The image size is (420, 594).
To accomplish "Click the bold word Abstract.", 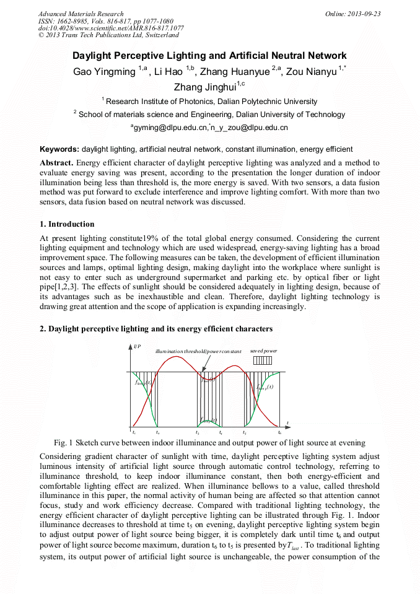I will tap(56, 163).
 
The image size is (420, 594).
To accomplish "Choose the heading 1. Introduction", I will tap(67, 224).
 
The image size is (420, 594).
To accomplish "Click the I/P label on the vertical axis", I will tap(138, 346).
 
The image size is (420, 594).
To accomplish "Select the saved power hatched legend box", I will tap(263, 360).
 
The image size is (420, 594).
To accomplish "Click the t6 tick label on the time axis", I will tap(280, 432).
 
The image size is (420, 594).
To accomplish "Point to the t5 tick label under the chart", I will tap(245, 432).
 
